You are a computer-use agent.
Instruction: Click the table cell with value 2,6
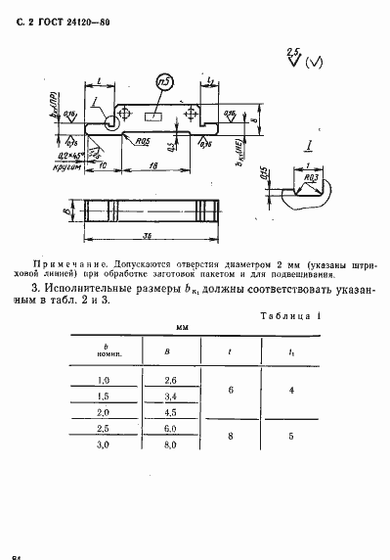pyautogui.click(x=172, y=379)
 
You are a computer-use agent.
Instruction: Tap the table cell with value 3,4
pyautogui.click(x=172, y=396)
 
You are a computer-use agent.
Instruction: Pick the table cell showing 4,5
pyautogui.click(x=172, y=412)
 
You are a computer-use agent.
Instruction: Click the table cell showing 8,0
pyautogui.click(x=172, y=445)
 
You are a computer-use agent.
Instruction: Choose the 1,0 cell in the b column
pyautogui.click(x=104, y=379)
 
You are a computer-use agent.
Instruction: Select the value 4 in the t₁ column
pyautogui.click(x=294, y=388)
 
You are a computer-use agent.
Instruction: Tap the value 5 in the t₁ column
pyautogui.click(x=294, y=438)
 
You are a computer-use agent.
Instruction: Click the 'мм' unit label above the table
pyautogui.click(x=181, y=327)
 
